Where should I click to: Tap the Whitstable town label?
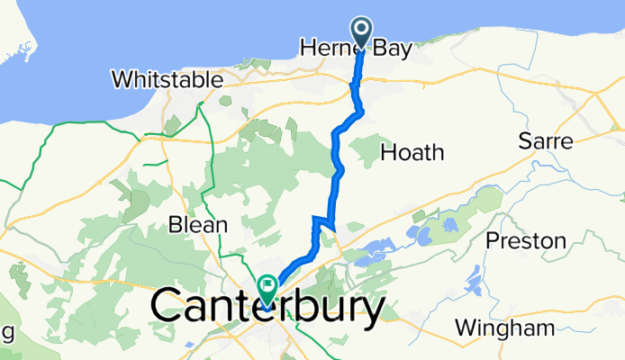168,79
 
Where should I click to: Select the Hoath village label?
412,152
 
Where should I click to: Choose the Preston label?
525,240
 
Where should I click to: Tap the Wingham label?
498,328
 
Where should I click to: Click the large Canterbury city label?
268,308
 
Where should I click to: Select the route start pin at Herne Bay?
361,32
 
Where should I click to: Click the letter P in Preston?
494,240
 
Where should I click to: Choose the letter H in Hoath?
388,152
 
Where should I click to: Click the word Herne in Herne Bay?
328,47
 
